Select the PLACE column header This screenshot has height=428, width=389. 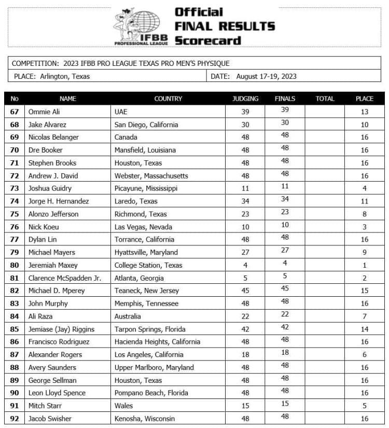[364, 99]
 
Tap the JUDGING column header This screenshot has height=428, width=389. [245, 99]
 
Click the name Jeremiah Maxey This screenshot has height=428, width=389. [53, 265]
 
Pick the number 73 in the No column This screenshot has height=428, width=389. [15, 188]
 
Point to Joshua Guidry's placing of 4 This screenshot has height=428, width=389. [365, 188]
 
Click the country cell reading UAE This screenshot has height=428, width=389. [121, 112]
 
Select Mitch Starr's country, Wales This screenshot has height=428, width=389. [123, 406]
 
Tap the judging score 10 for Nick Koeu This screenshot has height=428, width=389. [245, 227]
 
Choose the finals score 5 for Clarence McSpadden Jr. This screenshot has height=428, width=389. [285, 277]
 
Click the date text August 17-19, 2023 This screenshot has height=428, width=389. [266, 76]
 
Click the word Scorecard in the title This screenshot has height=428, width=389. [208, 40]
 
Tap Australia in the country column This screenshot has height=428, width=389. [128, 316]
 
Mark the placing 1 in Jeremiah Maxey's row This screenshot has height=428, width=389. [365, 265]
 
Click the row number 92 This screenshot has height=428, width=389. [15, 419]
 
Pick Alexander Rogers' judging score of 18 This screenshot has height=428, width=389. [245, 355]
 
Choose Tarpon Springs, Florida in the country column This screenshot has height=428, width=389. [150, 329]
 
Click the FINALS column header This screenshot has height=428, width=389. [285, 99]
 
